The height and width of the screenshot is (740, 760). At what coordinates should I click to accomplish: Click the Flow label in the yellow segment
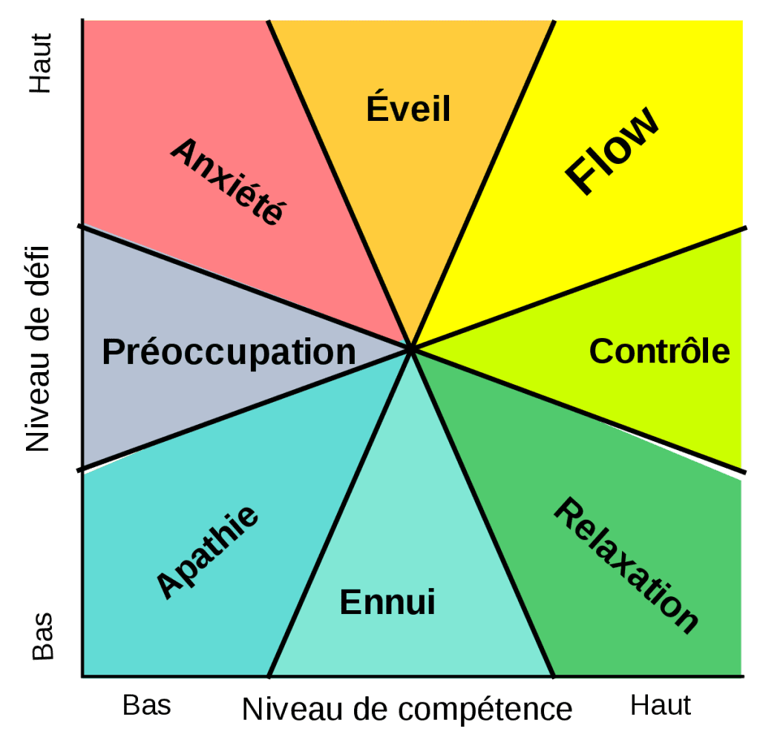612,151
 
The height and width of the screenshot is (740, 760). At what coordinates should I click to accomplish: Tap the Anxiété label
228,181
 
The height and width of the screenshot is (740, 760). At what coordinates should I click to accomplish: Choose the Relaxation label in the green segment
626,565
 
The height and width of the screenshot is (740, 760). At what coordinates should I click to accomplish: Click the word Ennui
387,601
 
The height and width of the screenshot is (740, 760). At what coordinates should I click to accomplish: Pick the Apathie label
208,552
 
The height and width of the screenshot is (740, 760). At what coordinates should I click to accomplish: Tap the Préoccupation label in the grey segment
229,352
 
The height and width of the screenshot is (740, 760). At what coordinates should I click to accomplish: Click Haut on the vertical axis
41,63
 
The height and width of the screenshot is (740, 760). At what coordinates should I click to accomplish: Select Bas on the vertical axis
42,636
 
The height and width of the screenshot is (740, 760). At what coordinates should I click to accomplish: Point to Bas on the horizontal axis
146,705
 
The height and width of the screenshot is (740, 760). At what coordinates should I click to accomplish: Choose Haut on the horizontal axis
660,705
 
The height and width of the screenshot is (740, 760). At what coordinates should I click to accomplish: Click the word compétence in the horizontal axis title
485,710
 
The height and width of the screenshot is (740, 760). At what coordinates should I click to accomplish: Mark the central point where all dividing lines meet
411,348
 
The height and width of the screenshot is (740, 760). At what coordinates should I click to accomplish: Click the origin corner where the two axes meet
82,676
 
